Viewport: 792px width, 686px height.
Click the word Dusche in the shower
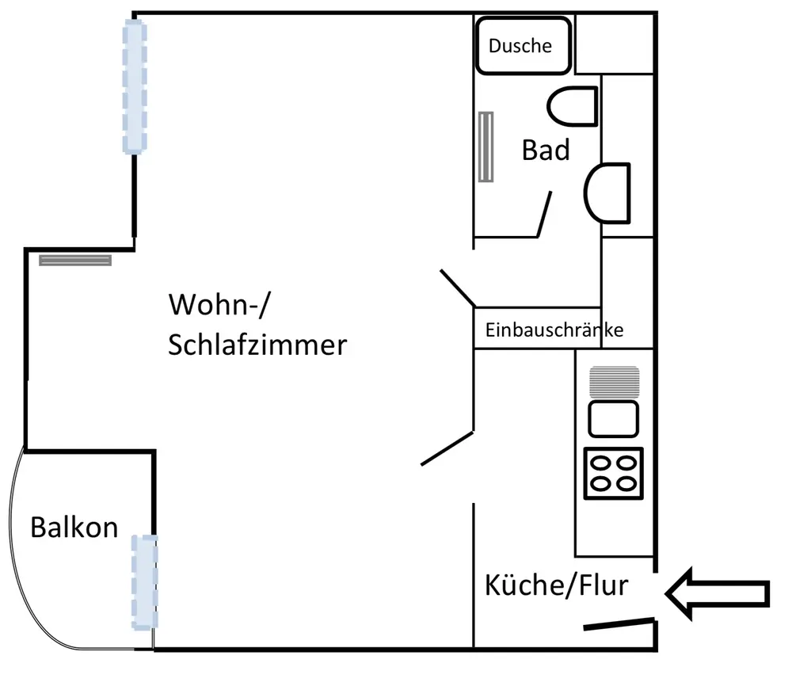point(520,46)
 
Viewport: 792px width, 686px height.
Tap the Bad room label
point(546,150)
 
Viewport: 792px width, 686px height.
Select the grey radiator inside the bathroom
point(485,147)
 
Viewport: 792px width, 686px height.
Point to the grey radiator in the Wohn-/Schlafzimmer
point(75,259)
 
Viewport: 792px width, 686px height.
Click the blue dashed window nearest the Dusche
point(134,87)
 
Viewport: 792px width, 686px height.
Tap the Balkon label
point(74,527)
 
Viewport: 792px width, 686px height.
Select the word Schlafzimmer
point(257,345)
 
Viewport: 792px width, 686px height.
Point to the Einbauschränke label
point(554,330)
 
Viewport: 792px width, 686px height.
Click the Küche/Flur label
point(556,585)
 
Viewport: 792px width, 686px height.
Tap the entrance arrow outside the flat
point(718,593)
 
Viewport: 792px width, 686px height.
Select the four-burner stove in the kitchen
point(614,473)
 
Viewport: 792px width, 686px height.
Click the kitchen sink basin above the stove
point(614,417)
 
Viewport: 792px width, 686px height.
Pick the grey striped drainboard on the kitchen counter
point(614,381)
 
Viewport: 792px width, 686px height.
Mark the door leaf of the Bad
point(545,214)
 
